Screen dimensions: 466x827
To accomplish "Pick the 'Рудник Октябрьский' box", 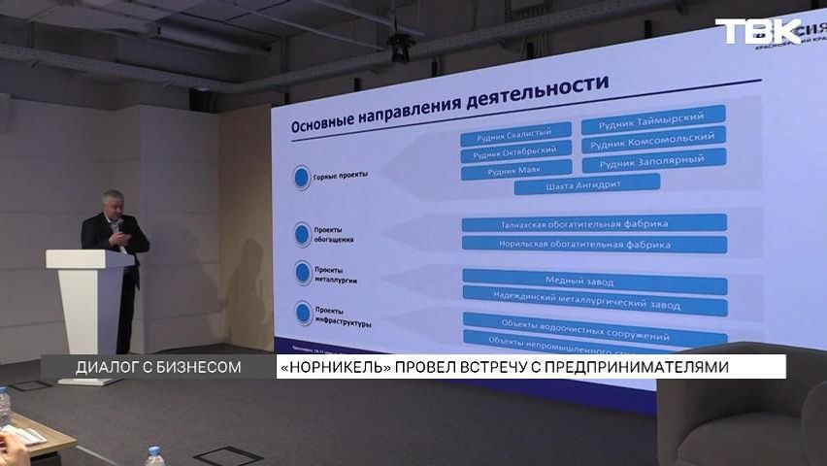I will click(x=514, y=152).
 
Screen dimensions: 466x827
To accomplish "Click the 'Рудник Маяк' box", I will click(x=515, y=172).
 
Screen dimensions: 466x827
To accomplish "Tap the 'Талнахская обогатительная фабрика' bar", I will click(x=593, y=223).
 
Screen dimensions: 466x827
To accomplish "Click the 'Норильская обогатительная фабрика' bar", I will click(x=593, y=244).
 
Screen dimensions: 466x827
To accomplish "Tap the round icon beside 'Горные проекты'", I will click(x=302, y=177).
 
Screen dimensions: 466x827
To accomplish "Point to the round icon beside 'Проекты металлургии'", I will click(x=302, y=273).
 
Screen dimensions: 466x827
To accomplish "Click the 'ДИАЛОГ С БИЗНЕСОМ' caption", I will click(x=157, y=367).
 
